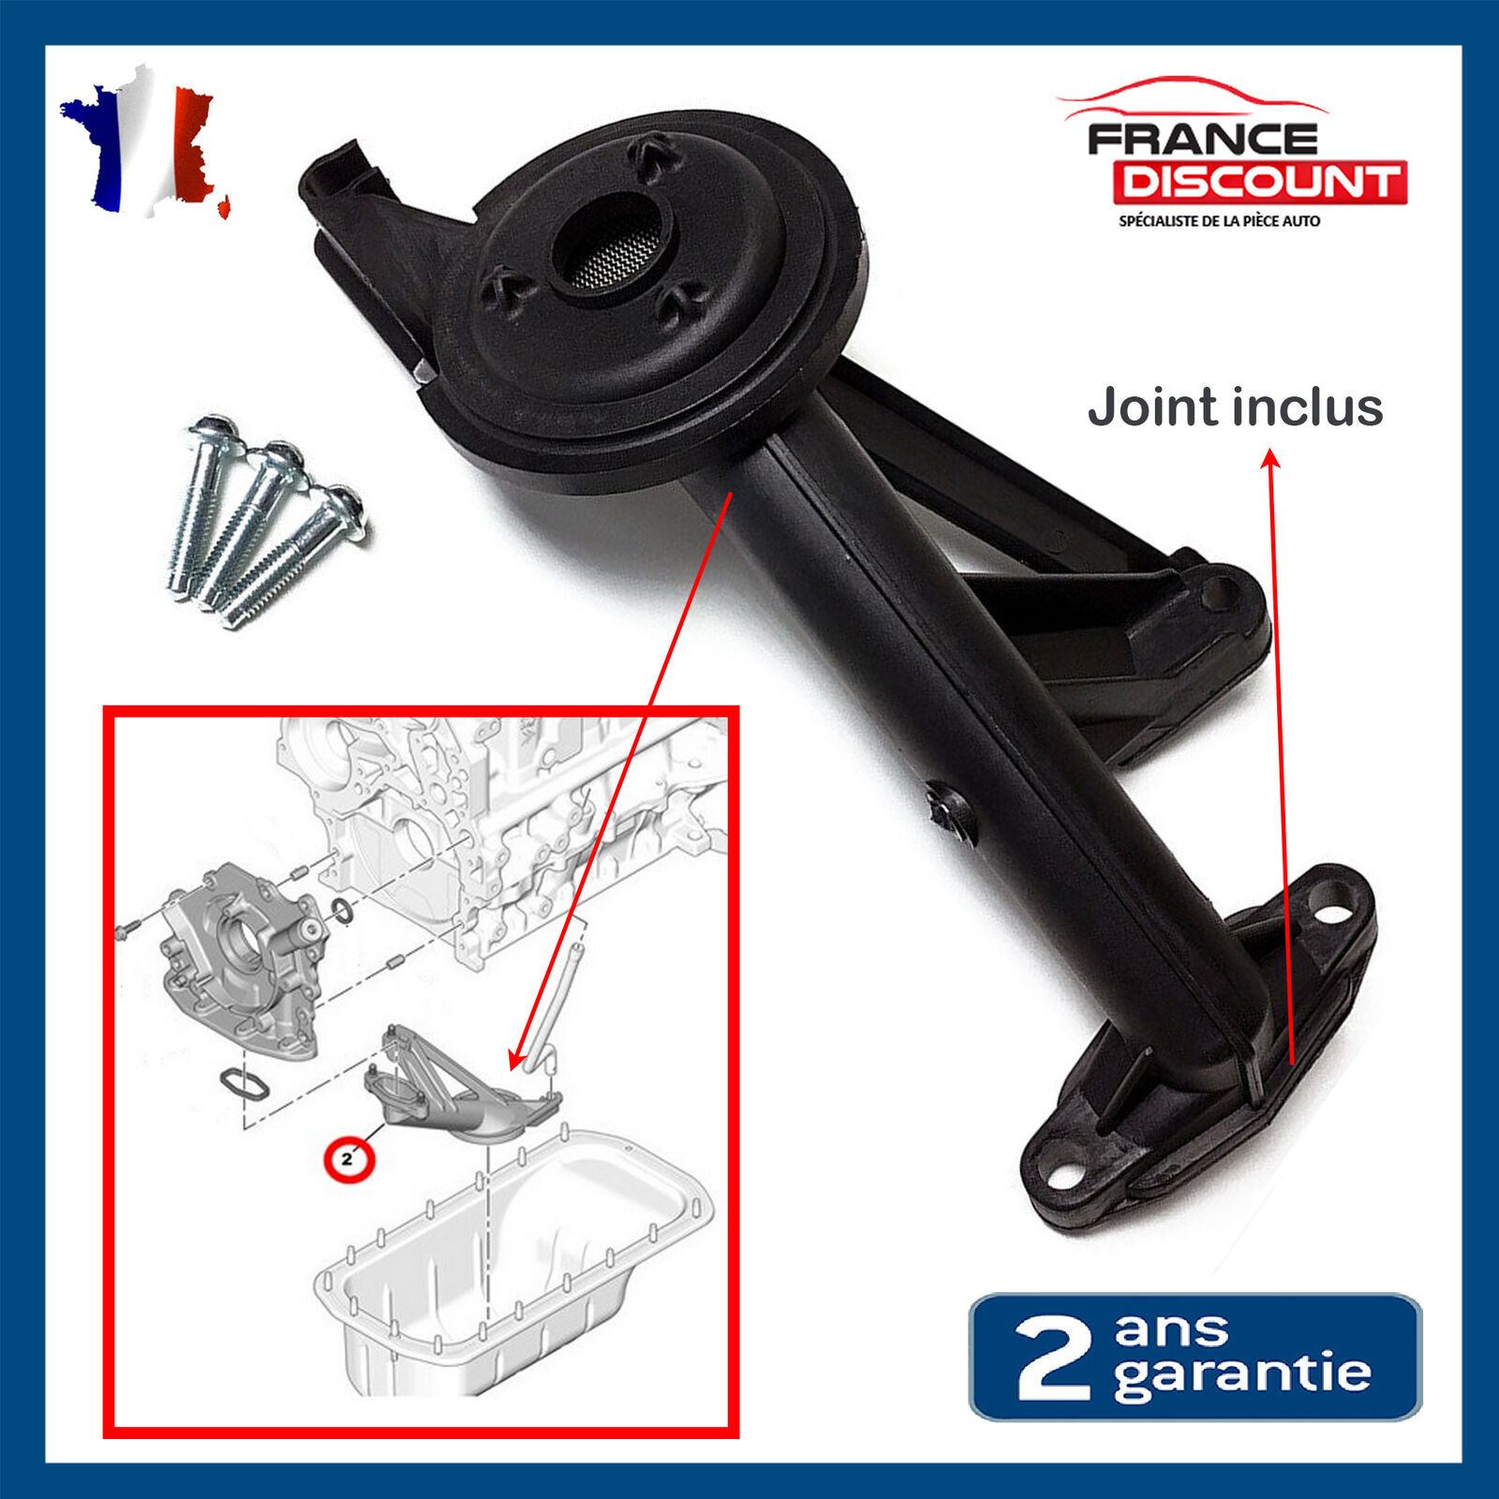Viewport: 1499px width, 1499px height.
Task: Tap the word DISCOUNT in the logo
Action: coord(1260,182)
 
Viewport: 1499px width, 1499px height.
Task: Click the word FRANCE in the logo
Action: coord(1203,140)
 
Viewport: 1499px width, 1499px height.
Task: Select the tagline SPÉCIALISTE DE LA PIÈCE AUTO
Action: coord(1219,221)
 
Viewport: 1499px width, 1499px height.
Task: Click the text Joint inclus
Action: coord(1235,408)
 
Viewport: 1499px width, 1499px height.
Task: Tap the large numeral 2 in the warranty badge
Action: coord(1053,1358)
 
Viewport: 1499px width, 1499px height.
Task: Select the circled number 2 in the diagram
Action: coord(348,1159)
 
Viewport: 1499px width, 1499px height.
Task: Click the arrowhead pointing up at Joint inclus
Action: coord(1270,458)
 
